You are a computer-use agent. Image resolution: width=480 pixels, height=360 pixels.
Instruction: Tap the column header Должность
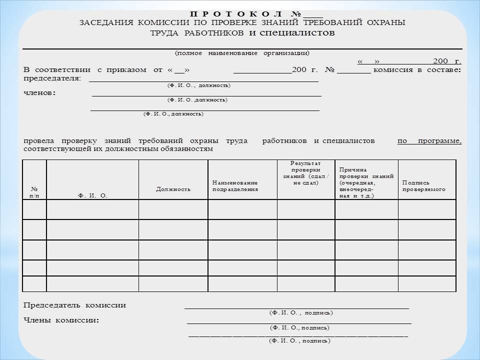pyautogui.click(x=173, y=189)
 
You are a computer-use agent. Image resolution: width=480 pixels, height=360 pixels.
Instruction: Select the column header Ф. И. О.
pyautogui.click(x=93, y=196)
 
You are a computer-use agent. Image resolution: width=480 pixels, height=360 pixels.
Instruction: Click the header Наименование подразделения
pyautogui.click(x=235, y=186)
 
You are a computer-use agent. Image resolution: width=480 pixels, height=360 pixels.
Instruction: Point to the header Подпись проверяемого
pyautogui.click(x=423, y=186)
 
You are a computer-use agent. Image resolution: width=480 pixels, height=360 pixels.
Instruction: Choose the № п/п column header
pyautogui.click(x=34, y=192)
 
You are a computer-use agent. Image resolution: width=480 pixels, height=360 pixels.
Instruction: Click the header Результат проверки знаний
pyautogui.click(x=305, y=173)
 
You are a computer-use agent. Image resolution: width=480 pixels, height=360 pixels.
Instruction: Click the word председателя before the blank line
pyautogui.click(x=52, y=78)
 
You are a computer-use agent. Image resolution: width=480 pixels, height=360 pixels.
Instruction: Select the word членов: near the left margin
pyautogui.click(x=40, y=93)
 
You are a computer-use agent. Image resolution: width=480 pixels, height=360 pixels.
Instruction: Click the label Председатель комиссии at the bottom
pyautogui.click(x=75, y=305)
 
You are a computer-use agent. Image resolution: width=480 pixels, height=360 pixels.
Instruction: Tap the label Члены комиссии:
pyautogui.click(x=61, y=320)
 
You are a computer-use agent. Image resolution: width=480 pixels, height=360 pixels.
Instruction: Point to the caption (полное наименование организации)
pyautogui.click(x=242, y=53)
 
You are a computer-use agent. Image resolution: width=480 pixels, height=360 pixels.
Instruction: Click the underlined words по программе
pyautogui.click(x=429, y=141)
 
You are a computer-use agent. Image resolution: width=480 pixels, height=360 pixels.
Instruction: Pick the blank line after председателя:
pyautogui.click(x=203, y=80)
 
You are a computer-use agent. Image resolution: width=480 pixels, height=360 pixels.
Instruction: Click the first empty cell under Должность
pyautogui.click(x=173, y=209)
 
